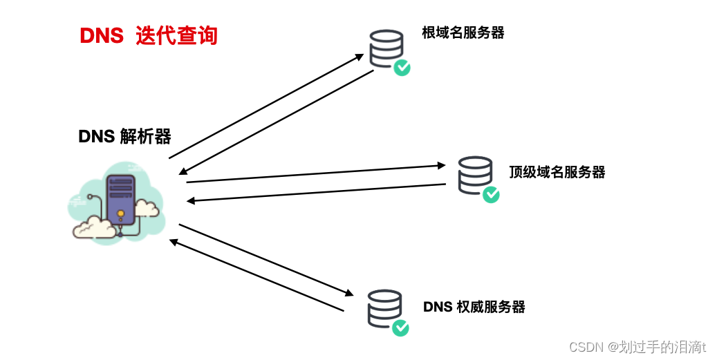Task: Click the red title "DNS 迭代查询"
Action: pyautogui.click(x=149, y=35)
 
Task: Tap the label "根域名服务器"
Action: pyautogui.click(x=463, y=32)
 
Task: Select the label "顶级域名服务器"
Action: pyautogui.click(x=557, y=172)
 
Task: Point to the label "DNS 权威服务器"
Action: pyautogui.click(x=474, y=307)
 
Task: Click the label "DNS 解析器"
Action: pyautogui.click(x=124, y=136)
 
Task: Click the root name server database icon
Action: pyautogui.click(x=386, y=48)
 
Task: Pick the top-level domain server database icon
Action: pyautogui.click(x=475, y=175)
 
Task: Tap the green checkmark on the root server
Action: pyautogui.click(x=402, y=67)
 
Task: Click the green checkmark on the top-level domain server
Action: pyautogui.click(x=491, y=194)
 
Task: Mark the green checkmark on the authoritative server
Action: pyautogui.click(x=400, y=328)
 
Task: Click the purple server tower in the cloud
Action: pyautogui.click(x=121, y=200)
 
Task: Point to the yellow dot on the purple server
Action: pyautogui.click(x=122, y=213)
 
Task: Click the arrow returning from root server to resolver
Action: pyautogui.click(x=277, y=122)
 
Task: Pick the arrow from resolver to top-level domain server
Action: pyautogui.click(x=315, y=173)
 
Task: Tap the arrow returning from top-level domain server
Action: pyautogui.click(x=317, y=193)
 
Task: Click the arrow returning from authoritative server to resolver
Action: pyautogui.click(x=257, y=276)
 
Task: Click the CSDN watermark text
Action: pyautogui.click(x=637, y=347)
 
